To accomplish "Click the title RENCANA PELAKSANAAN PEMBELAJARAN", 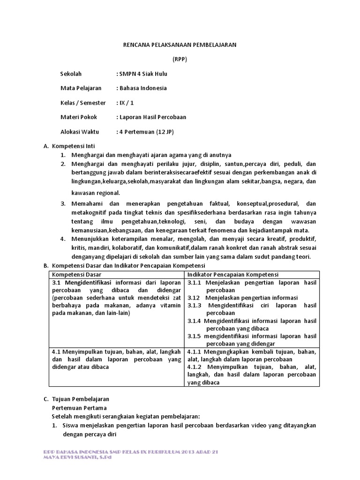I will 180,45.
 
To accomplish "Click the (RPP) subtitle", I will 180,59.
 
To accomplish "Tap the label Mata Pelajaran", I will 81,88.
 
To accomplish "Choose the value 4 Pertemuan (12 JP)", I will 144,132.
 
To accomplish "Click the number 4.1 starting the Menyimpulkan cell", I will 57,352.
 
